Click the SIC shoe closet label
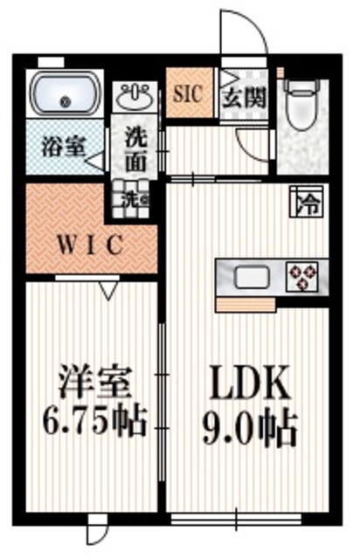pos(187,91)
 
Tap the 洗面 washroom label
pos(135,149)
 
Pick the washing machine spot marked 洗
pos(133,198)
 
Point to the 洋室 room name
pos(94,383)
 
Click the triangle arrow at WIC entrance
pos(108,289)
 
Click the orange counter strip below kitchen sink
pos(246,302)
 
